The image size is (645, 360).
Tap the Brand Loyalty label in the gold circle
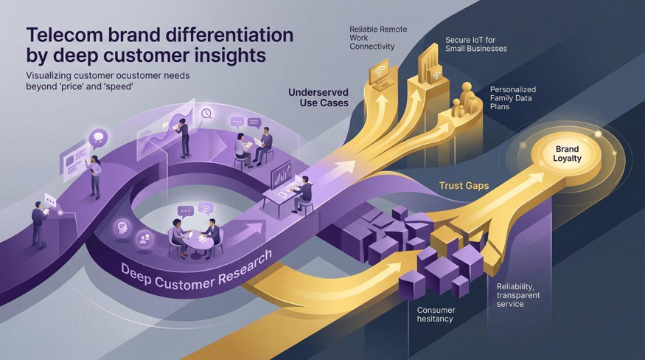click(x=567, y=153)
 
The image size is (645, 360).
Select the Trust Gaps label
click(x=464, y=186)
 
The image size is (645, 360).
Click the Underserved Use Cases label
click(x=318, y=97)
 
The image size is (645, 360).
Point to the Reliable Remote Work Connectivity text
click(x=378, y=38)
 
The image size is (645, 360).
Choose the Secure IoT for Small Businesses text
click(x=476, y=44)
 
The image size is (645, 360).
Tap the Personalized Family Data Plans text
click(x=513, y=98)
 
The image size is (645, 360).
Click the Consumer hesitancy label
click(x=436, y=314)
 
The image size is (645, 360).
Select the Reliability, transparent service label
click(x=518, y=295)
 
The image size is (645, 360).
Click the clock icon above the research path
click(x=206, y=114)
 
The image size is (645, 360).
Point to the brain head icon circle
click(x=123, y=228)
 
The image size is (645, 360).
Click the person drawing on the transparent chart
click(x=183, y=137)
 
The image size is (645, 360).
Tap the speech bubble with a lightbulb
click(x=98, y=138)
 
